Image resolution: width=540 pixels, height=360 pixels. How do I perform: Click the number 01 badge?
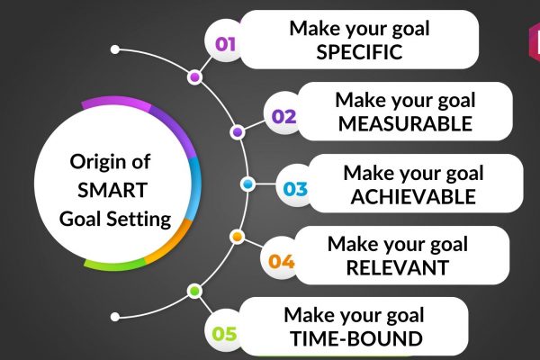pyautogui.click(x=226, y=44)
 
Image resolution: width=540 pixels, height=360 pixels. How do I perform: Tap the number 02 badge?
pyautogui.click(x=283, y=116)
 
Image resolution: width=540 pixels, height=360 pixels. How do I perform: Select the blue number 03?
pyautogui.click(x=295, y=189)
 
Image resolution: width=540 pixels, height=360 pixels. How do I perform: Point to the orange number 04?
pyautogui.click(x=282, y=262)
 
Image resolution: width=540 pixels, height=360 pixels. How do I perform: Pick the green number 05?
pyautogui.click(x=224, y=334)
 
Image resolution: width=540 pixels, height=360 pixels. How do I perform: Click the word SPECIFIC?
pyautogui.click(x=359, y=52)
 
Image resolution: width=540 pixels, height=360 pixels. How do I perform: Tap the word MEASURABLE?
pyautogui.click(x=405, y=123)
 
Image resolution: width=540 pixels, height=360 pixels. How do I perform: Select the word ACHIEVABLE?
pyautogui.click(x=413, y=197)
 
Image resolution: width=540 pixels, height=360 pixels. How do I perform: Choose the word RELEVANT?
pyautogui.click(x=398, y=267)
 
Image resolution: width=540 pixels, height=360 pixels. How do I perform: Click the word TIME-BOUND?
pyautogui.click(x=356, y=338)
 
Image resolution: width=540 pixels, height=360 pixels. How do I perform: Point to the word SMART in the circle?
pyautogui.click(x=112, y=190)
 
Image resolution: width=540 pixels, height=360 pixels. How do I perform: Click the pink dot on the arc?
pyautogui.click(x=194, y=77)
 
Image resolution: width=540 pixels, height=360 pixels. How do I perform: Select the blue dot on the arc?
pyautogui.click(x=247, y=184)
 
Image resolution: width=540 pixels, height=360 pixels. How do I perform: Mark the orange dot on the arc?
pyautogui.click(x=237, y=237)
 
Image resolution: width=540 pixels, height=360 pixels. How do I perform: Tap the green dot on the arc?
pyautogui.click(x=194, y=292)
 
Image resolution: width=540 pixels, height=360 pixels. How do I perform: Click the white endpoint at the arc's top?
pyautogui.click(x=115, y=49)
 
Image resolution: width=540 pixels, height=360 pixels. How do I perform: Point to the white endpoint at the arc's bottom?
pyautogui.click(x=115, y=317)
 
